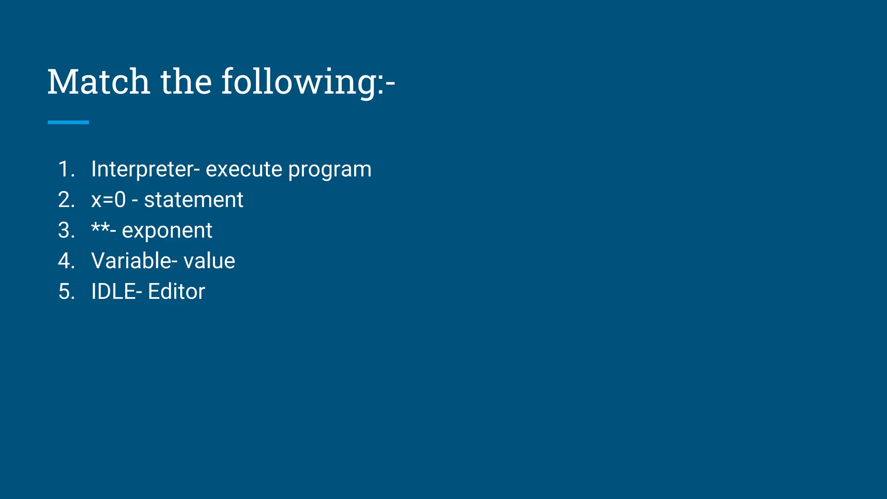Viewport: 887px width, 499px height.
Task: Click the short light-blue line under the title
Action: [68, 123]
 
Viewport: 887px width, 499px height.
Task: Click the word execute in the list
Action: [244, 169]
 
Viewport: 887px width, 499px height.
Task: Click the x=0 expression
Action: [108, 200]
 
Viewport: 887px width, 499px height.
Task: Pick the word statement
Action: [193, 200]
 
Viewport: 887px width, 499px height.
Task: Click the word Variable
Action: [131, 261]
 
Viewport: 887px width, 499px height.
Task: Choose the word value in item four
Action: [209, 261]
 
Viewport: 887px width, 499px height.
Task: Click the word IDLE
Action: [113, 292]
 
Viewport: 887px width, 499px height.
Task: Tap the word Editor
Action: [176, 292]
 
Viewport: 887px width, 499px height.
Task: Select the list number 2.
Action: [66, 200]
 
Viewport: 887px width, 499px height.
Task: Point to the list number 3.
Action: [66, 230]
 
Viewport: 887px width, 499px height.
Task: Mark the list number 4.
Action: [66, 261]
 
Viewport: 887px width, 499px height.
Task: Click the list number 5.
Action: [66, 292]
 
